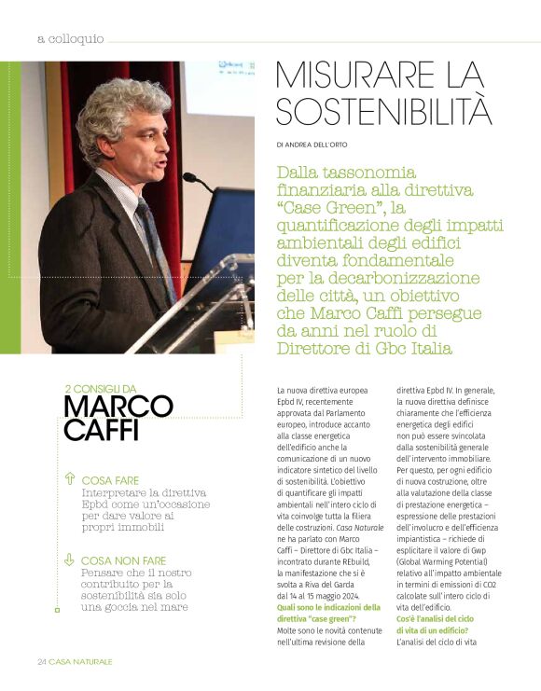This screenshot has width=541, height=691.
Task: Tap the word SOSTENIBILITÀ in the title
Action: tap(384, 110)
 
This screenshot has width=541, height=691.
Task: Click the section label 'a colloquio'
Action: tap(70, 39)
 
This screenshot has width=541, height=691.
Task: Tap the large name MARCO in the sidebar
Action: tap(118, 407)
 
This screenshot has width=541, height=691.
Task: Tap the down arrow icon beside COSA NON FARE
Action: tap(69, 560)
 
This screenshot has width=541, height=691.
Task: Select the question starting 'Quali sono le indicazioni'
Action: tap(328, 607)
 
